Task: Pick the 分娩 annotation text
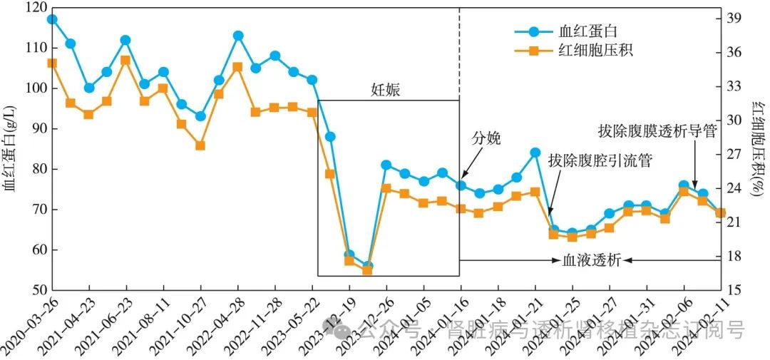(x=488, y=138)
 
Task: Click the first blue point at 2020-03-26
(x=52, y=19)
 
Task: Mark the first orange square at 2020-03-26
(x=52, y=63)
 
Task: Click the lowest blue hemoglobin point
(x=368, y=266)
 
